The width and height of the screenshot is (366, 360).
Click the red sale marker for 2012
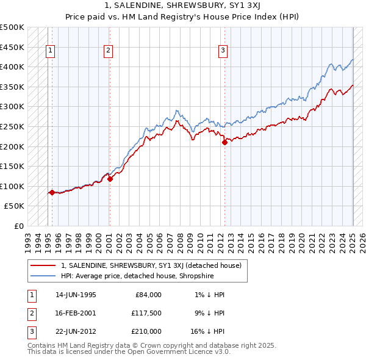pos(224,143)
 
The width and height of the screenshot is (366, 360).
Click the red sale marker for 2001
pos(110,179)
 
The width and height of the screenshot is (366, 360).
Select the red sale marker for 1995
pos(52,193)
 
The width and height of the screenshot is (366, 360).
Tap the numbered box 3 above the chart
pos(223,51)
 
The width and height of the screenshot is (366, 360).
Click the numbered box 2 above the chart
pos(108,51)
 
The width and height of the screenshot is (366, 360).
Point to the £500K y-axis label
pos(12,27)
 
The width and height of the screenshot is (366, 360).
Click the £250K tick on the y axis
pos(12,126)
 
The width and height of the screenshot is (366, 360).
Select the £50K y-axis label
pos(15,206)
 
